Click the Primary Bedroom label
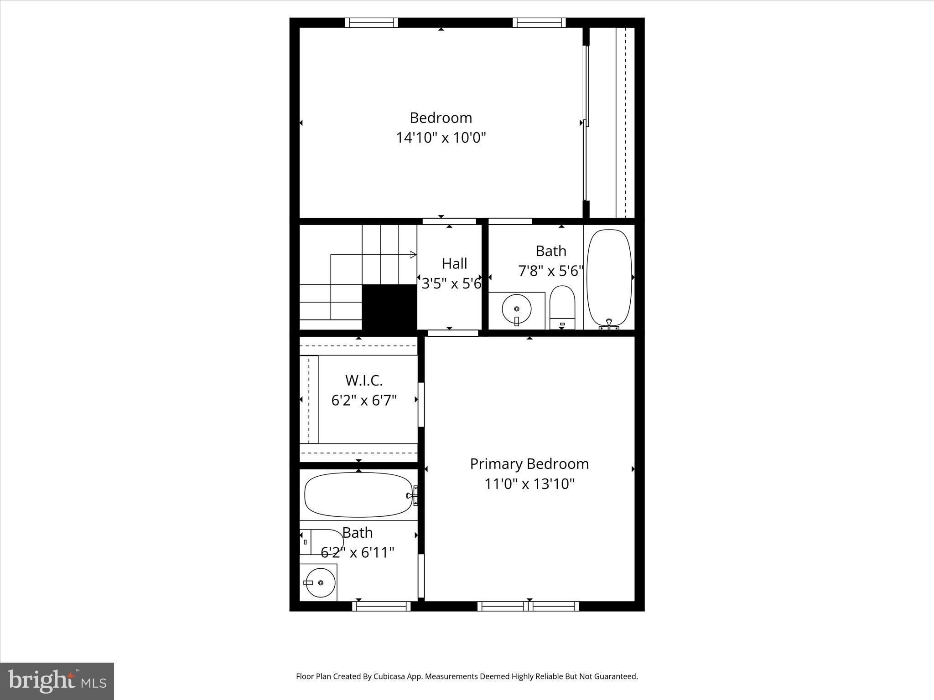pos(529,464)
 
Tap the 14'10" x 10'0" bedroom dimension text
pos(441,137)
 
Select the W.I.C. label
pos(363,380)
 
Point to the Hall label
pos(454,263)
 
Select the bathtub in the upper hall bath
pos(609,278)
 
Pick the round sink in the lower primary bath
pos(321,582)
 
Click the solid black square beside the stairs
pos(389,307)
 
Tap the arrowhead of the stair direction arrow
pos(414,254)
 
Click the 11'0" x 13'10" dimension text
pos(529,484)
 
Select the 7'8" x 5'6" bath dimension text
pos(551,271)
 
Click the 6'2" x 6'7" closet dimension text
pos(363,401)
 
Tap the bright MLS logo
pos(57,682)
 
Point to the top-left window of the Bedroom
pos(371,23)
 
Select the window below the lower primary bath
pos(381,606)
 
